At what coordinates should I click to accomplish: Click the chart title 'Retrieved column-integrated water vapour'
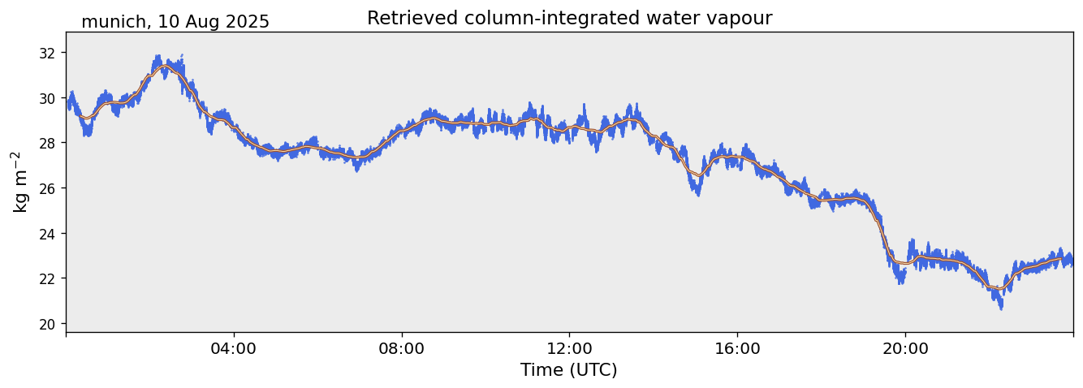tap(569, 18)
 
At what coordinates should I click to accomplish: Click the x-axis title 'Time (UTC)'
tap(569, 370)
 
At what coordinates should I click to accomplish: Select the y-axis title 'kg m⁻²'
tap(20, 182)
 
